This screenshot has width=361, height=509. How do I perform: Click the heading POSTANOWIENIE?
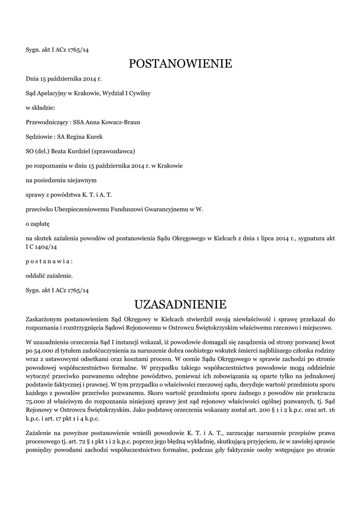(x=180, y=64)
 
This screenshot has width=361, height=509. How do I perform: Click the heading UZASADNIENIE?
(x=180, y=304)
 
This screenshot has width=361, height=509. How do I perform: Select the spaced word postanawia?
(x=49, y=260)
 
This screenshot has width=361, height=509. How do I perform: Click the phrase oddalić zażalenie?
(x=49, y=275)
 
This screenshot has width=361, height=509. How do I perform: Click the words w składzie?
(x=40, y=107)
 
